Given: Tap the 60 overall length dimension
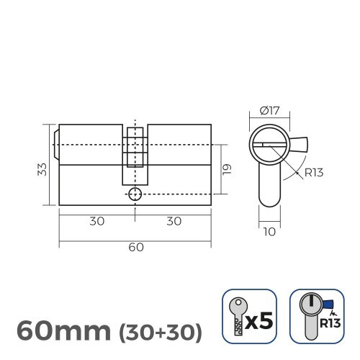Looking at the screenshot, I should point(135,247).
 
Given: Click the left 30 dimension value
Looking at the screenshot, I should point(96,221).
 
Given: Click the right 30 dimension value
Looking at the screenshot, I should point(174,221).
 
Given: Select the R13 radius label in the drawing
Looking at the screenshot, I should point(314,172).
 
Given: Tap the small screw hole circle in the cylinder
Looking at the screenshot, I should point(135,194).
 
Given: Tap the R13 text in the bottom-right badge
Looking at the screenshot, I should point(330,323).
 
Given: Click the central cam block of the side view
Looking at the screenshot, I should point(135,154).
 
